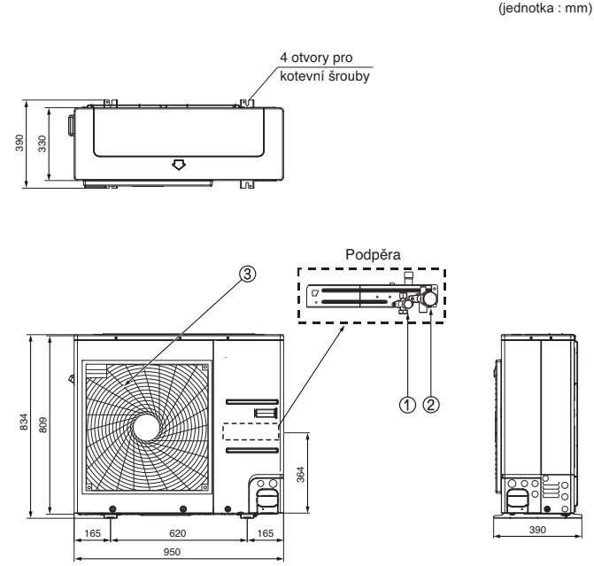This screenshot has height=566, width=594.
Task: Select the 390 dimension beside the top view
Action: [33, 143]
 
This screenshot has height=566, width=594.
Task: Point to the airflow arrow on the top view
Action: [180, 164]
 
